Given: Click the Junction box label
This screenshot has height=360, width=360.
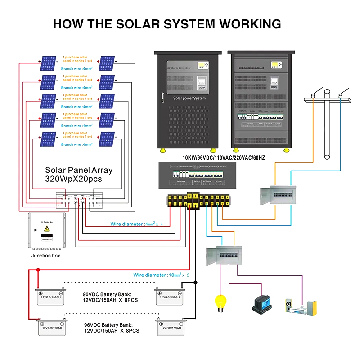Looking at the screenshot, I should (x=45, y=256).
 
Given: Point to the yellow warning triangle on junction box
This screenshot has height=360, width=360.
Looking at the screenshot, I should (x=46, y=229).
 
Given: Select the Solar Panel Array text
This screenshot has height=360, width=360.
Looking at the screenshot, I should (x=79, y=171).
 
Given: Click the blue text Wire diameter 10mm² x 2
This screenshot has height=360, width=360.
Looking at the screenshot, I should (x=161, y=274).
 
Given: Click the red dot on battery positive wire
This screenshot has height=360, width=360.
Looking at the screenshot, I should (x=38, y=270).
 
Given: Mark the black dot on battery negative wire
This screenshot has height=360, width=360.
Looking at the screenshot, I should (x=195, y=282).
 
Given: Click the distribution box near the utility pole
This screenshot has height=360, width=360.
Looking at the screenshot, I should (x=277, y=195).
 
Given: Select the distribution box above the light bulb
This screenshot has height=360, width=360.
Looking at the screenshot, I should (x=224, y=258).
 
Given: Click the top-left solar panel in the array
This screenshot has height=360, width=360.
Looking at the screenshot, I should (x=48, y=63).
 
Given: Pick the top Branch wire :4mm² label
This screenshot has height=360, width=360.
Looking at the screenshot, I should (x=76, y=69).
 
